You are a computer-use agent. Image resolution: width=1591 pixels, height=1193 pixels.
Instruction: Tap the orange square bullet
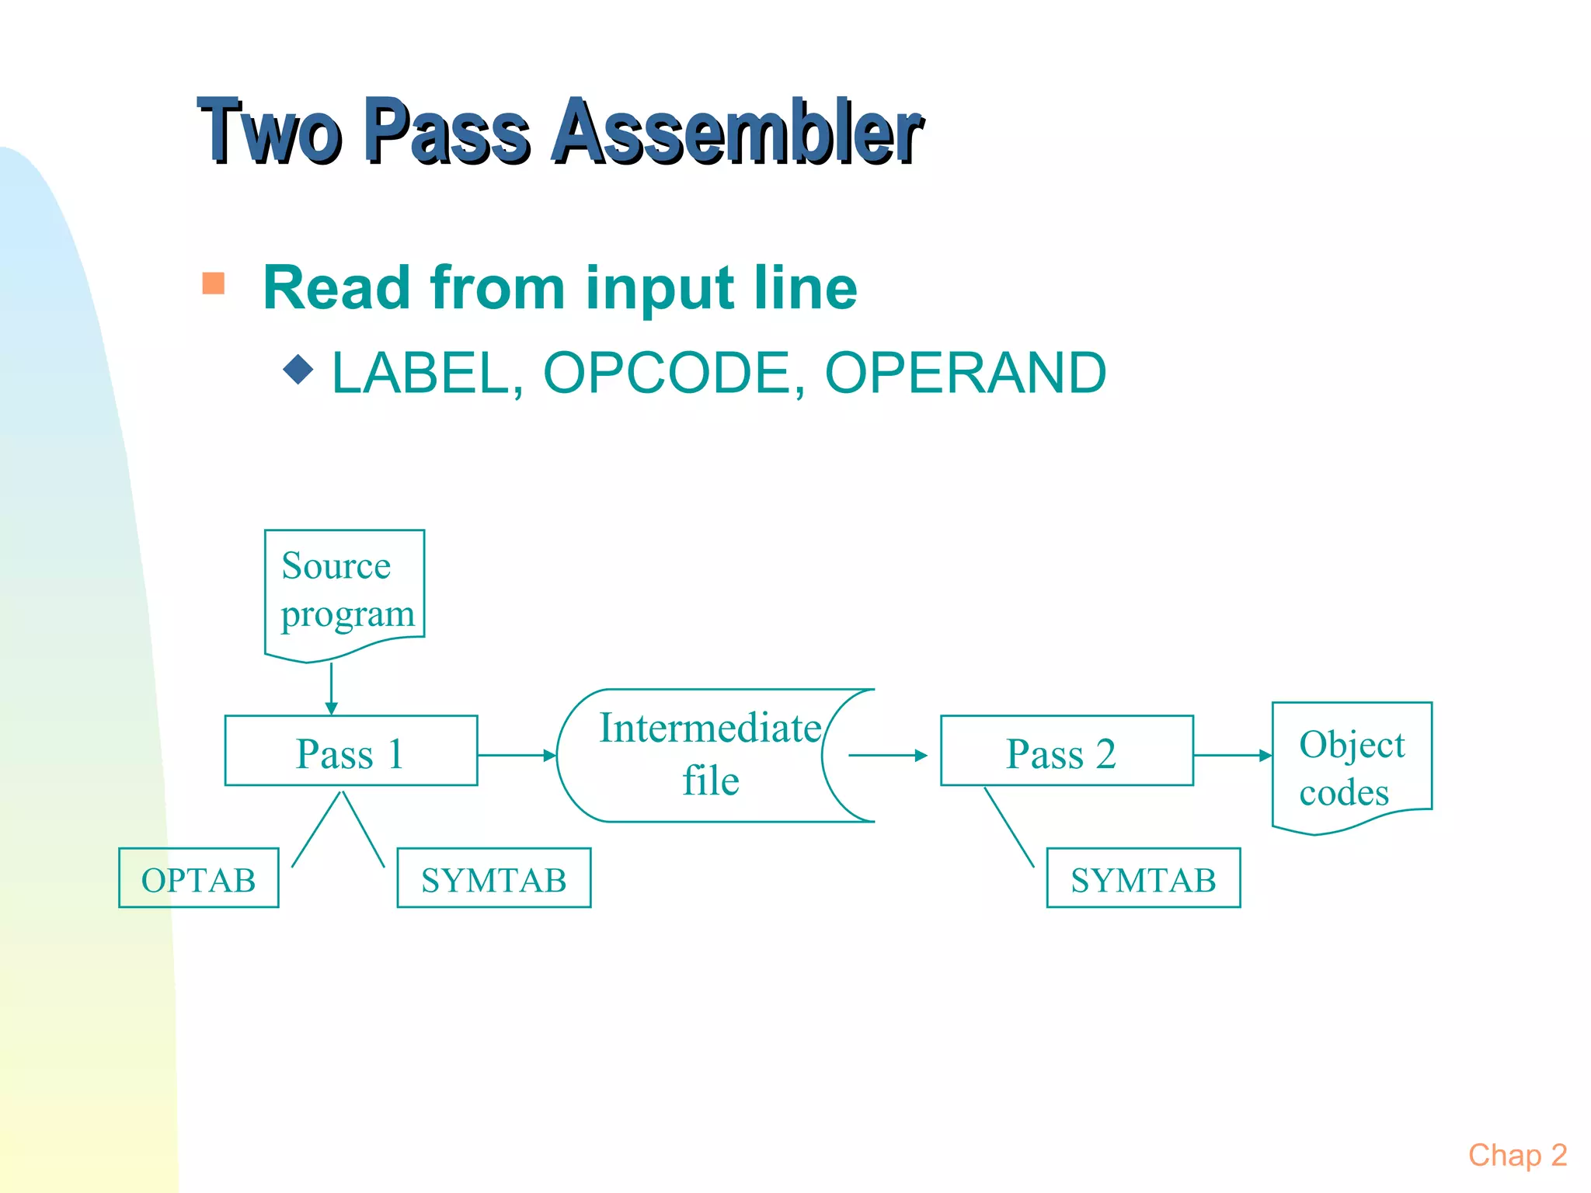pyautogui.click(x=213, y=283)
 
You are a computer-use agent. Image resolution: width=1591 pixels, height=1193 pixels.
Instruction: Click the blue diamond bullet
pyautogui.click(x=298, y=370)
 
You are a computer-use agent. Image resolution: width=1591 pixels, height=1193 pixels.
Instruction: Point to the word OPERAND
pyautogui.click(x=965, y=374)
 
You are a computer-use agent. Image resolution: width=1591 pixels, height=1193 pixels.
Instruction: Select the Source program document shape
pyautogui.click(x=344, y=590)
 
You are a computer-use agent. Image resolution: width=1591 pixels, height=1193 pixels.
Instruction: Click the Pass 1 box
pyautogui.click(x=351, y=751)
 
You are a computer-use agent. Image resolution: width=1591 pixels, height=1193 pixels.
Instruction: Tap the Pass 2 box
pyautogui.click(x=1066, y=751)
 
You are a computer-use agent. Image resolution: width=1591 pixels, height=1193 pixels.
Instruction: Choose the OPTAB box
pyautogui.click(x=198, y=878)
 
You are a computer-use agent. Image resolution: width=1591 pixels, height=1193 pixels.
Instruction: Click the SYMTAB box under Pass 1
pyautogui.click(x=493, y=878)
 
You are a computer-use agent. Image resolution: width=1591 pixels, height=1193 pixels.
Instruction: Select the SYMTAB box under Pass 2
pyautogui.click(x=1143, y=878)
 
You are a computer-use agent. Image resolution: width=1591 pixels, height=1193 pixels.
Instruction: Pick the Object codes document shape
pyautogui.click(x=1351, y=765)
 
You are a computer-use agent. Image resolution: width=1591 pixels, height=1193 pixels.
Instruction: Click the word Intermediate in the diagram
pyautogui.click(x=710, y=729)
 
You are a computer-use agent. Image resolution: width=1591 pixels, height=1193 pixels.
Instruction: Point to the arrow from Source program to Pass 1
pyautogui.click(x=332, y=688)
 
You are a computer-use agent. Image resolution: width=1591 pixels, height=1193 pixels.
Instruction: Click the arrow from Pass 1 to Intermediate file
pyautogui.click(x=517, y=755)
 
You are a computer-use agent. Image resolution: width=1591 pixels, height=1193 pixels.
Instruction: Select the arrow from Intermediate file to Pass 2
pyautogui.click(x=887, y=755)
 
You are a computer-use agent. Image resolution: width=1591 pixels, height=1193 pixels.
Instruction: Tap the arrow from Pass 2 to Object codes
pyautogui.click(x=1232, y=755)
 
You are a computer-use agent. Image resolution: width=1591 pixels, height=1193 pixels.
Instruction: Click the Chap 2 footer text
pyautogui.click(x=1516, y=1156)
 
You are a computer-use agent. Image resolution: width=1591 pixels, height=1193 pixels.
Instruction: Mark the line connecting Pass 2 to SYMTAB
pyautogui.click(x=1009, y=827)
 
